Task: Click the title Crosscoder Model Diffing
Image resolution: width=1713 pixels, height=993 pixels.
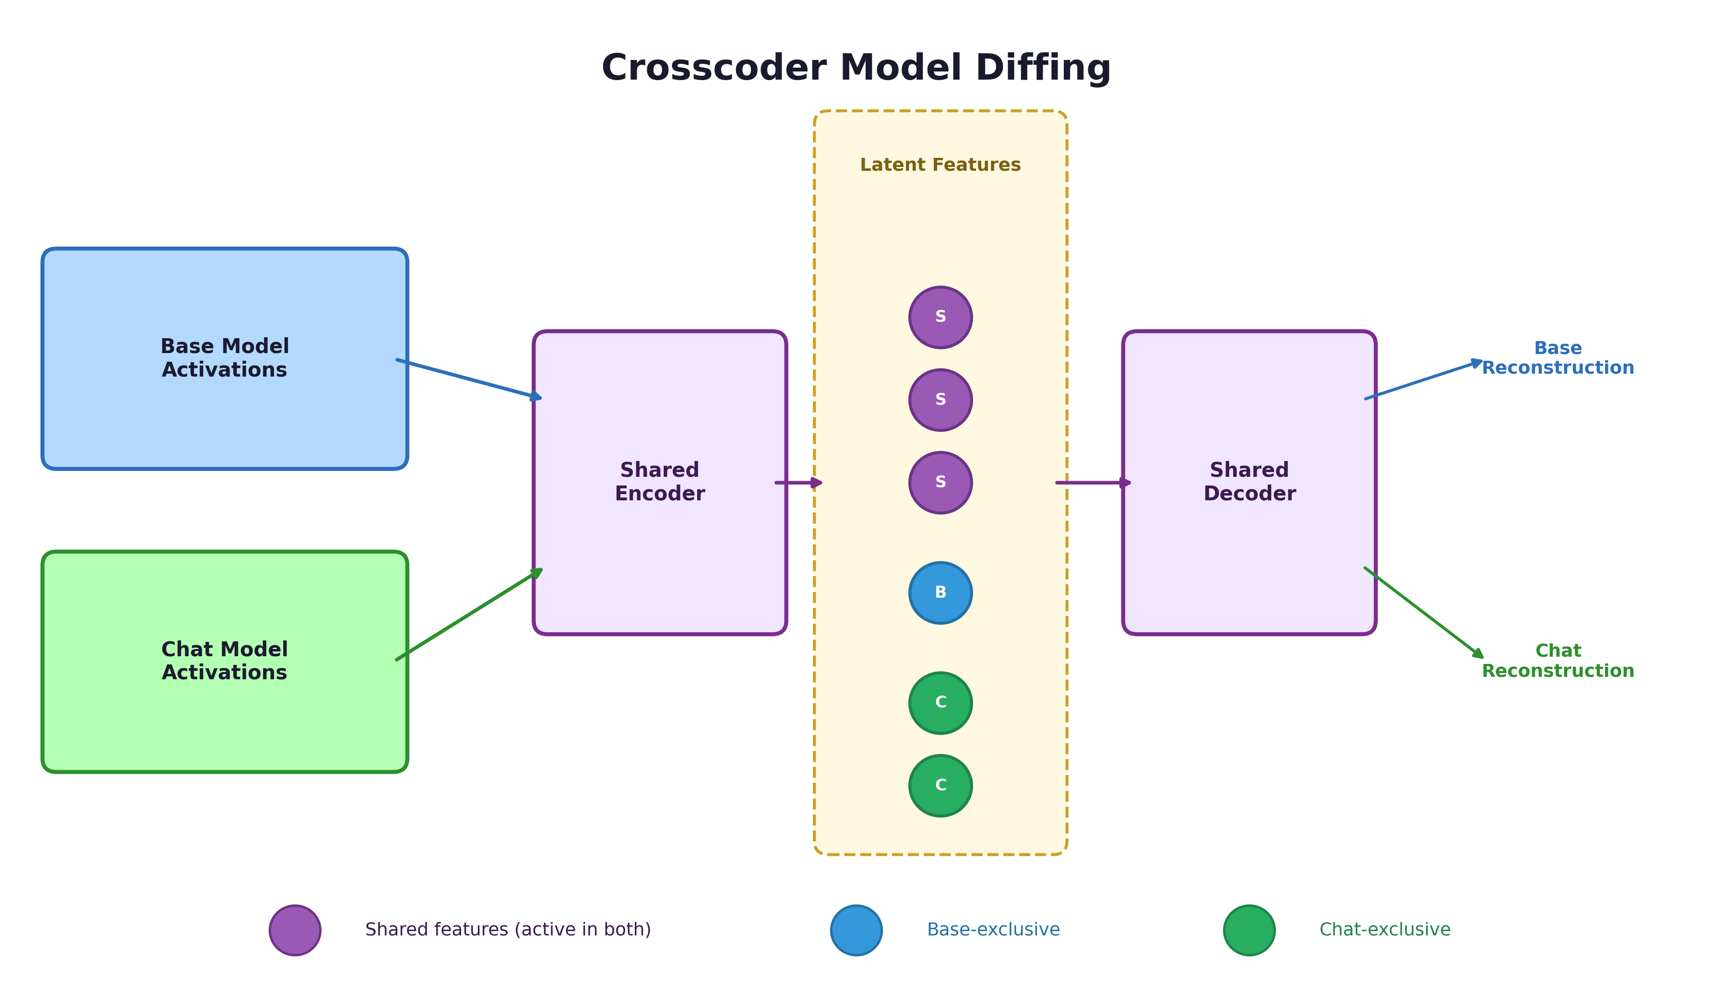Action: point(856,68)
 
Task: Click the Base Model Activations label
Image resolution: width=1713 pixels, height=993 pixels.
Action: point(225,358)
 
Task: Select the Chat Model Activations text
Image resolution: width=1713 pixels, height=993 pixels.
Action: point(225,661)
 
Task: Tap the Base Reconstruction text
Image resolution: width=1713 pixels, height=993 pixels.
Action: point(1558,358)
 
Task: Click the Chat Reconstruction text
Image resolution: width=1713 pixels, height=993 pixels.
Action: point(1558,661)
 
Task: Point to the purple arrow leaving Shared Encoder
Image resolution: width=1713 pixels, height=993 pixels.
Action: point(797,483)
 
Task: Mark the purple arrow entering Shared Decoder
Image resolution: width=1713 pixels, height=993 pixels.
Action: point(1092,483)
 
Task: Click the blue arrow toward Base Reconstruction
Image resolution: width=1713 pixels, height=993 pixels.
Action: point(1423,380)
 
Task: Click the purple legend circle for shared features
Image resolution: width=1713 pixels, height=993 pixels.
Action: point(295,930)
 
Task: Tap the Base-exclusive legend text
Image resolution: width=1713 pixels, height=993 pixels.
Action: point(993,930)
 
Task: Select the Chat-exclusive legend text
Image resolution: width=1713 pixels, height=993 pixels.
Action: point(1385,930)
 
